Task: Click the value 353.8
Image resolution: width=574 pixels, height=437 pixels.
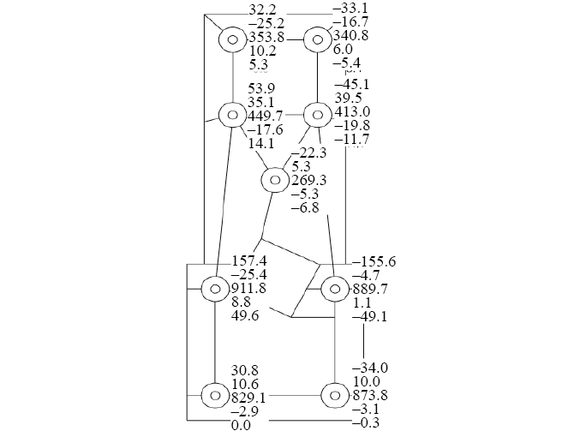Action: tap(265, 39)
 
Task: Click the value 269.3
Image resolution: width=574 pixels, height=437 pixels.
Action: tap(309, 181)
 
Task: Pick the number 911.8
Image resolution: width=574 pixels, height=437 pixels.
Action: tap(248, 290)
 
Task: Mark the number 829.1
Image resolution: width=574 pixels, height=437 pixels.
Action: tap(248, 398)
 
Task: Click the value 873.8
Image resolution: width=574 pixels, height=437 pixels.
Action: tap(369, 396)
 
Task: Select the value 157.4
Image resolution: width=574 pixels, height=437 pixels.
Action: tap(250, 261)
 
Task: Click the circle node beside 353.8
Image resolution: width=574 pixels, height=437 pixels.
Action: tap(232, 39)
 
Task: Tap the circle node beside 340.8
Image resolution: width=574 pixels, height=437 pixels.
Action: tap(317, 39)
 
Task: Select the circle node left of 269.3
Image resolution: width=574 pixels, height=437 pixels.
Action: tap(275, 181)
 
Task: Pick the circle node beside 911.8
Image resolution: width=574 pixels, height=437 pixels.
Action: tap(214, 289)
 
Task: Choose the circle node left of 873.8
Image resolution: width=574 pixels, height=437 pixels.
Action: tap(334, 396)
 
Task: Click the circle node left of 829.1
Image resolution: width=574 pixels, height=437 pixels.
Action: tap(214, 396)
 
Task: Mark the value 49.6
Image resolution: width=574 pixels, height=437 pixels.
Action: tap(245, 317)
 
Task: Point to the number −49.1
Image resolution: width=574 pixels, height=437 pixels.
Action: tap(370, 316)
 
